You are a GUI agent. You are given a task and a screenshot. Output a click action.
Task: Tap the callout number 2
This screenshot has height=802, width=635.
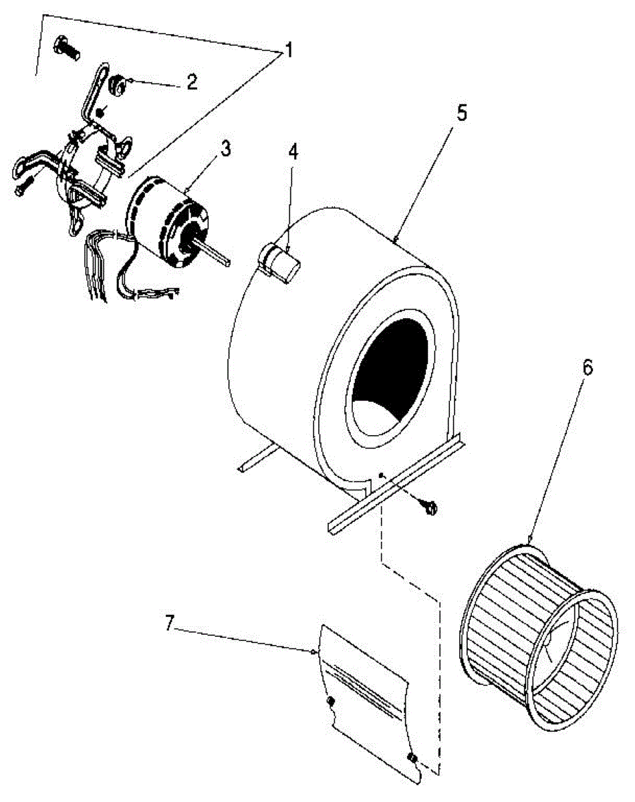tap(191, 82)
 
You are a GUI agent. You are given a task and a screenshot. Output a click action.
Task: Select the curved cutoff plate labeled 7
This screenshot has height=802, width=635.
tap(368, 702)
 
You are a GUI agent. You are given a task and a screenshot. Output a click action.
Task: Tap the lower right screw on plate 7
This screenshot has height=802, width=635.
tap(412, 758)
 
